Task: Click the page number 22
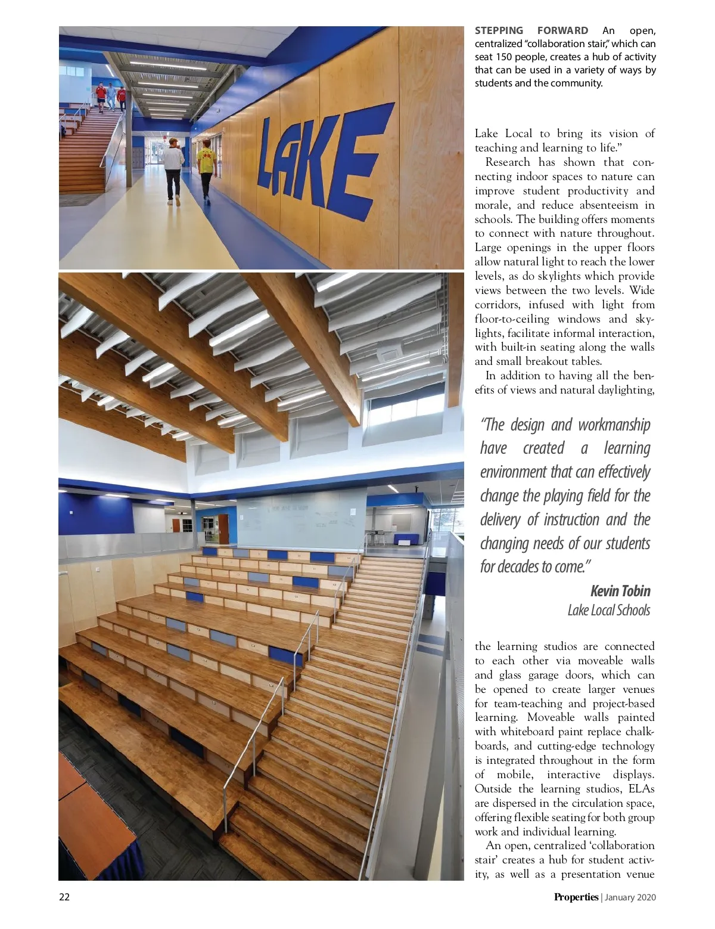coord(64,897)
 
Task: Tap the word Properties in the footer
coord(576,897)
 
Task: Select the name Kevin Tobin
coord(620,591)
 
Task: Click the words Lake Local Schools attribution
coord(608,610)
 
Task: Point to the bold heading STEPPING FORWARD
coord(531,30)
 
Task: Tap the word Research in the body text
coord(508,162)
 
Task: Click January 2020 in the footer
coord(630,897)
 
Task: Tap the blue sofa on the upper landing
coord(406,540)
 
